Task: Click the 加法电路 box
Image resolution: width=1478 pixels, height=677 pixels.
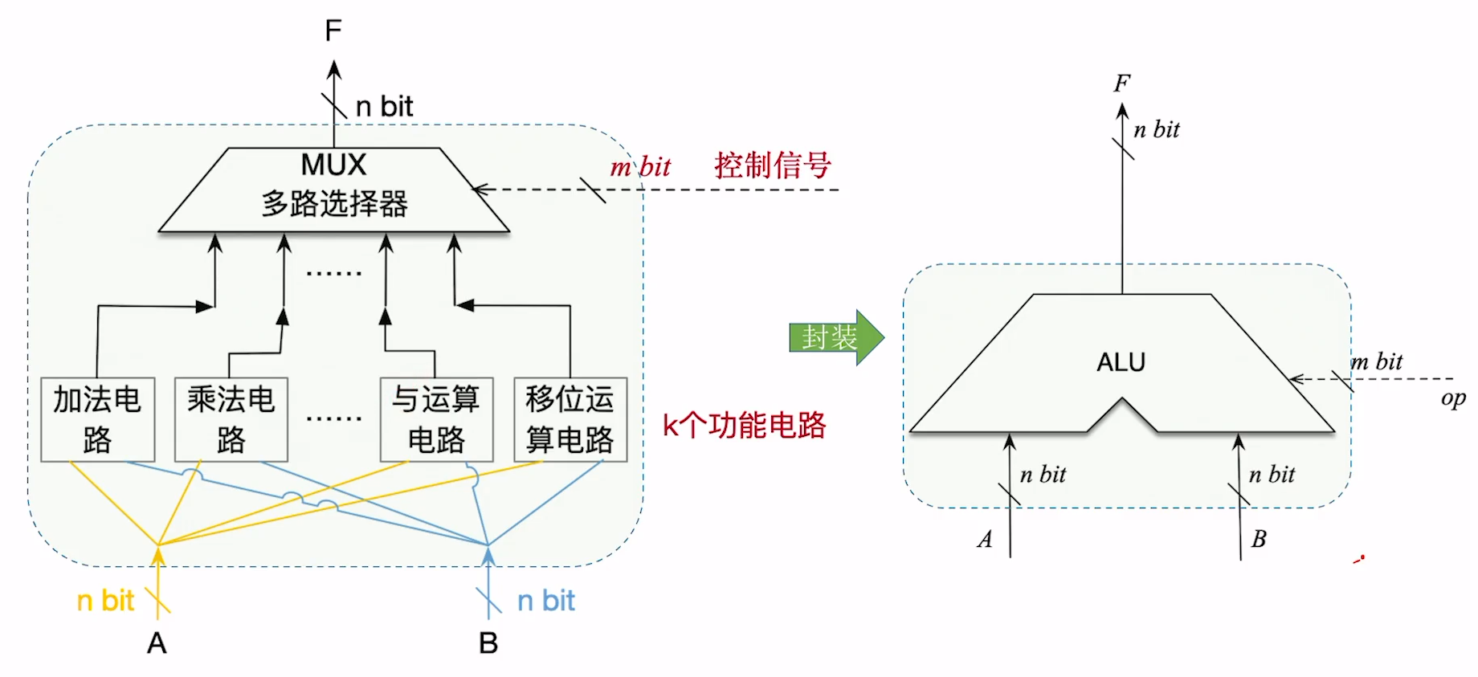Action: click(97, 419)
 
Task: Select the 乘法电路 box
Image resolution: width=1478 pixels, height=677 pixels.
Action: click(231, 419)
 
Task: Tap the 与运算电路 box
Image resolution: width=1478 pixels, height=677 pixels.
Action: click(435, 419)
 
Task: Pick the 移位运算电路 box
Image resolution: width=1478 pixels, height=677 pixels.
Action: click(570, 419)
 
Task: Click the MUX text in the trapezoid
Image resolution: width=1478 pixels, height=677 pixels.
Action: click(333, 165)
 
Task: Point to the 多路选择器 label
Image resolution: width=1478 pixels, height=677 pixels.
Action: click(334, 204)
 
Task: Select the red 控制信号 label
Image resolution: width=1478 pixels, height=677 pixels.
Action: click(772, 165)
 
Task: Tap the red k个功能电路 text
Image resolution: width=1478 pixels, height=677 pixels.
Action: click(744, 425)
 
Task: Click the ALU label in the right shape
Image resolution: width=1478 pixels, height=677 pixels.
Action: click(1121, 362)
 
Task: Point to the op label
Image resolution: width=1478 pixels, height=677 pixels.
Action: click(1452, 398)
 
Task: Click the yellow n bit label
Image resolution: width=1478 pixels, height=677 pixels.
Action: click(105, 601)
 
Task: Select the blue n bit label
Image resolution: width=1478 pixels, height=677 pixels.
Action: click(546, 601)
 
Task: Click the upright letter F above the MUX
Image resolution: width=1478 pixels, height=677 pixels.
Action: click(333, 31)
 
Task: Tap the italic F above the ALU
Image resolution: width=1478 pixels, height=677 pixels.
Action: click(1122, 84)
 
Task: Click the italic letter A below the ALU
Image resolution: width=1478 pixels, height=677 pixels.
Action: click(985, 539)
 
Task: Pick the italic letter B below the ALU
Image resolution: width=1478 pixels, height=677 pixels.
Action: click(1259, 539)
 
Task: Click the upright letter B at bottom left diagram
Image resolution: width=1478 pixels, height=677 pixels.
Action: click(488, 643)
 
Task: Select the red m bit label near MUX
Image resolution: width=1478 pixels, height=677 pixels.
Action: click(640, 167)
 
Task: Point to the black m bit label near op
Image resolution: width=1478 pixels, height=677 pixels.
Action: click(1377, 361)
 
